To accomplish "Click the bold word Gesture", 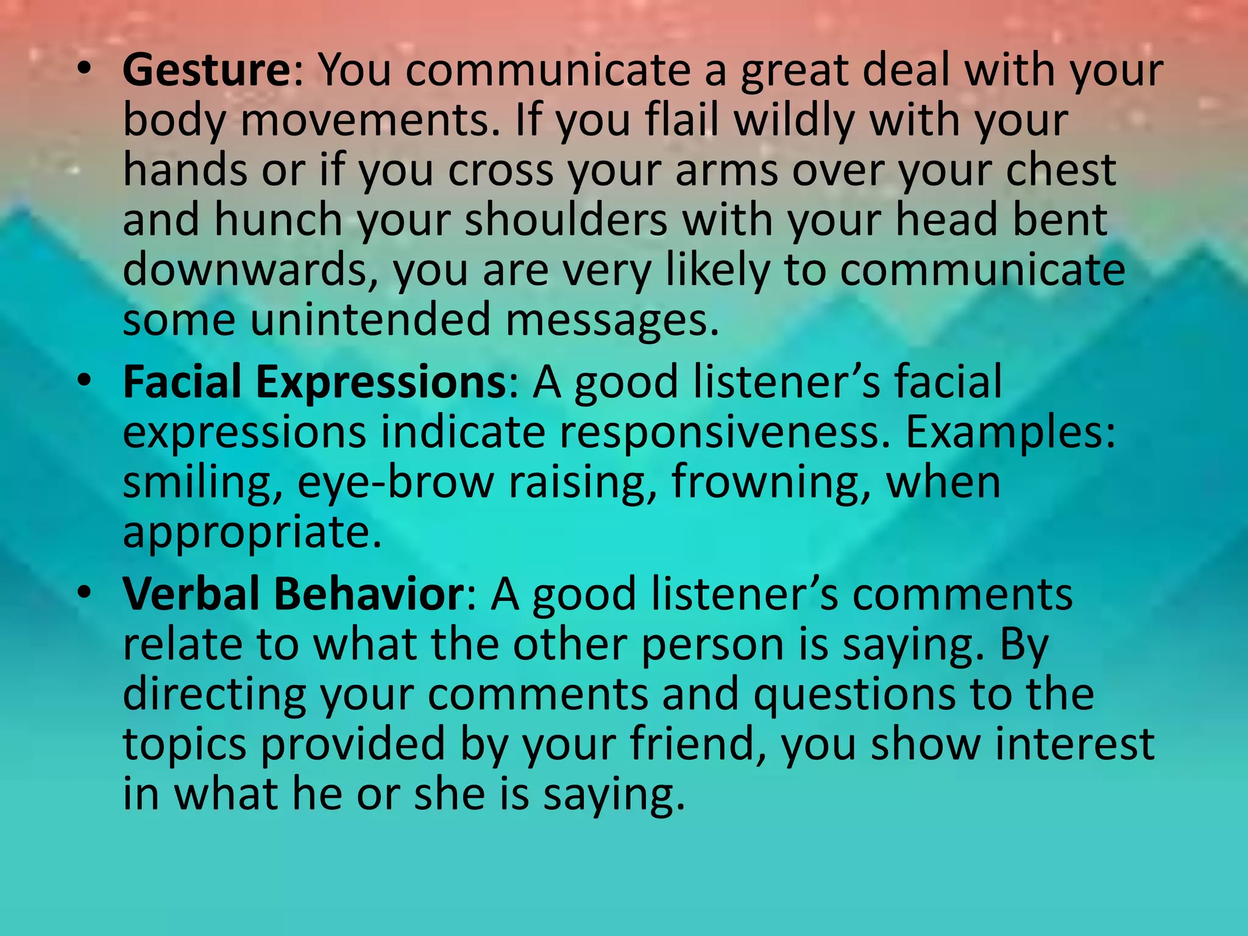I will pyautogui.click(x=207, y=71).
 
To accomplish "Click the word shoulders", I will pyautogui.click(x=566, y=220).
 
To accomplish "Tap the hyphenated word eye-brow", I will pyautogui.click(x=395, y=483).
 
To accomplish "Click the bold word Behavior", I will pyautogui.click(x=369, y=594).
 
